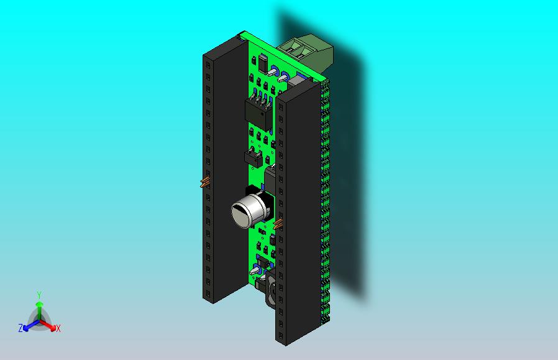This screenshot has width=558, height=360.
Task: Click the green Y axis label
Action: click(x=39, y=295)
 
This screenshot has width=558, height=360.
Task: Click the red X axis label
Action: click(x=58, y=328)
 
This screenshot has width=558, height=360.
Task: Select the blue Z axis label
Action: click(x=21, y=328)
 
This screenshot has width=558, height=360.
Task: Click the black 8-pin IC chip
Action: click(x=258, y=114)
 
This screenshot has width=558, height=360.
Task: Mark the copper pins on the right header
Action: click(x=278, y=223)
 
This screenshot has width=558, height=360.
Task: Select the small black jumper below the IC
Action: click(x=252, y=157)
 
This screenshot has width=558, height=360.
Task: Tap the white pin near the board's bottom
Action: click(x=255, y=270)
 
